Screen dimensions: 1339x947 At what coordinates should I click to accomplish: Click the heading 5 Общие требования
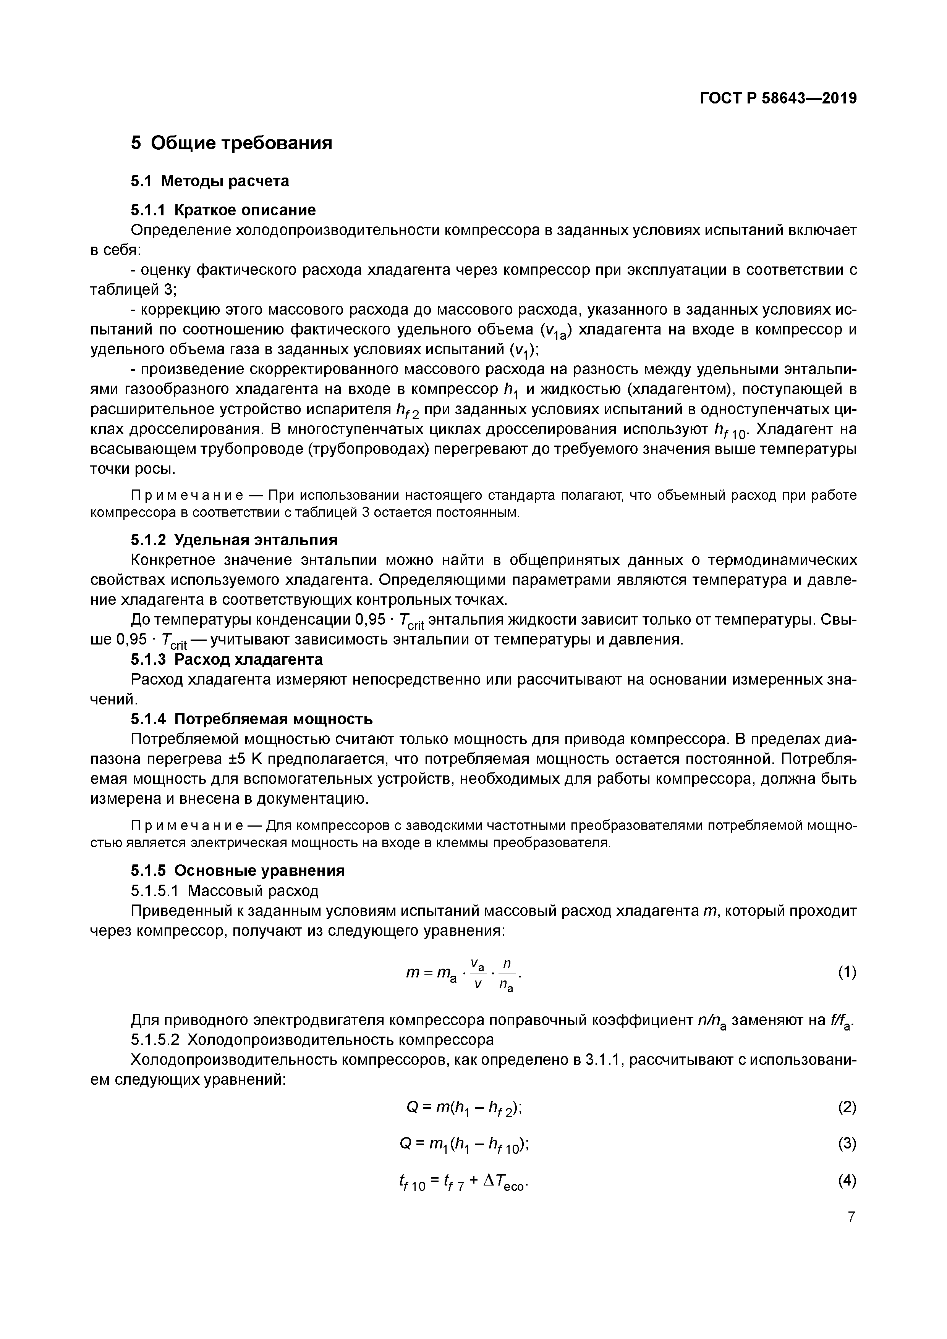[231, 143]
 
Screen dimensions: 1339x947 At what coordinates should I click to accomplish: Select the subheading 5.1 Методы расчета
[209, 181]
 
